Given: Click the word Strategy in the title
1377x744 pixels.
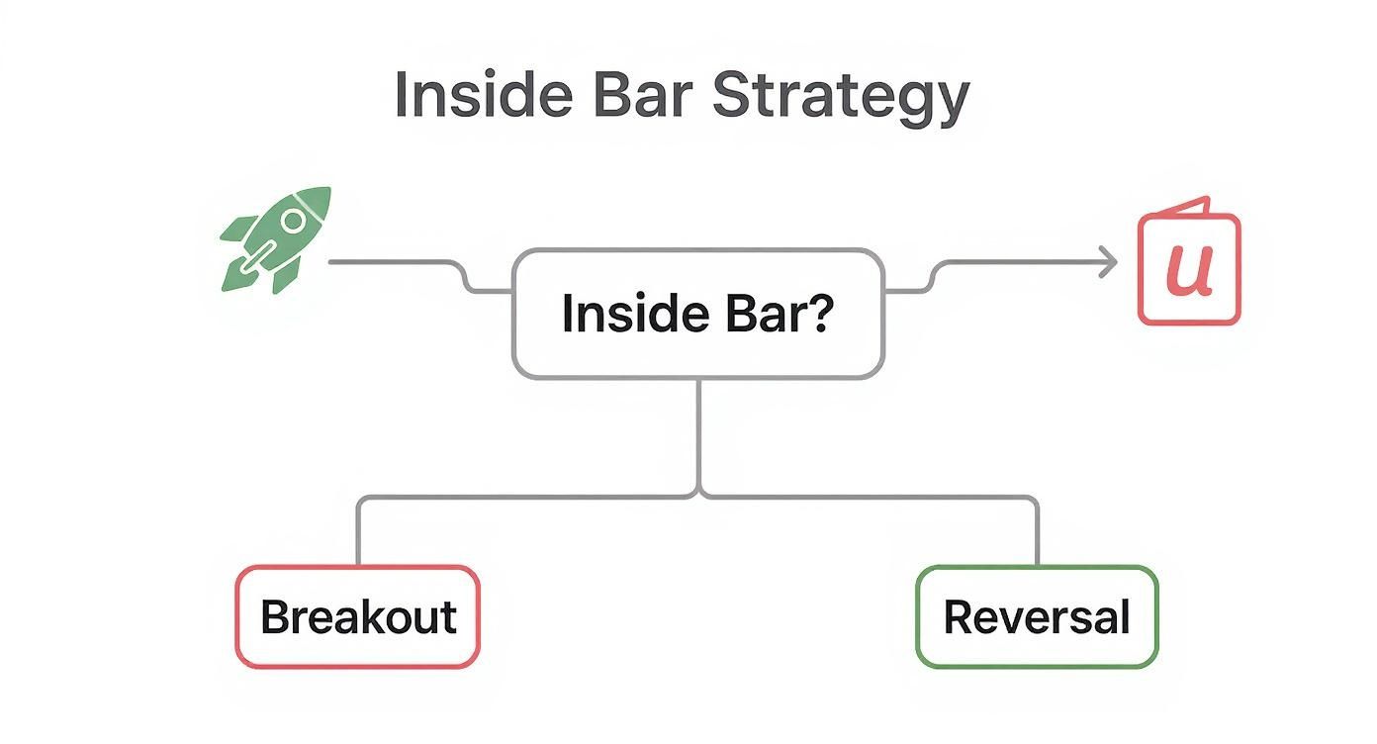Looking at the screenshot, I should click(840, 97).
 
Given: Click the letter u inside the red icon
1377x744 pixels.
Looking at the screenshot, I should click(1188, 269).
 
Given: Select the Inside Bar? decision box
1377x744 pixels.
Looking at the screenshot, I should click(697, 314).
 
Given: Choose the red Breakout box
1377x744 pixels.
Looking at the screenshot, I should click(357, 616).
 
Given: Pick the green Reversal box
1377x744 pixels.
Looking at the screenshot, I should click(1037, 616).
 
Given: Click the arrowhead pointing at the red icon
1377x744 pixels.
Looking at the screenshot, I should click(1110, 262).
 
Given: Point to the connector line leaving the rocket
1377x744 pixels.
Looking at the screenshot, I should click(396, 262).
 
